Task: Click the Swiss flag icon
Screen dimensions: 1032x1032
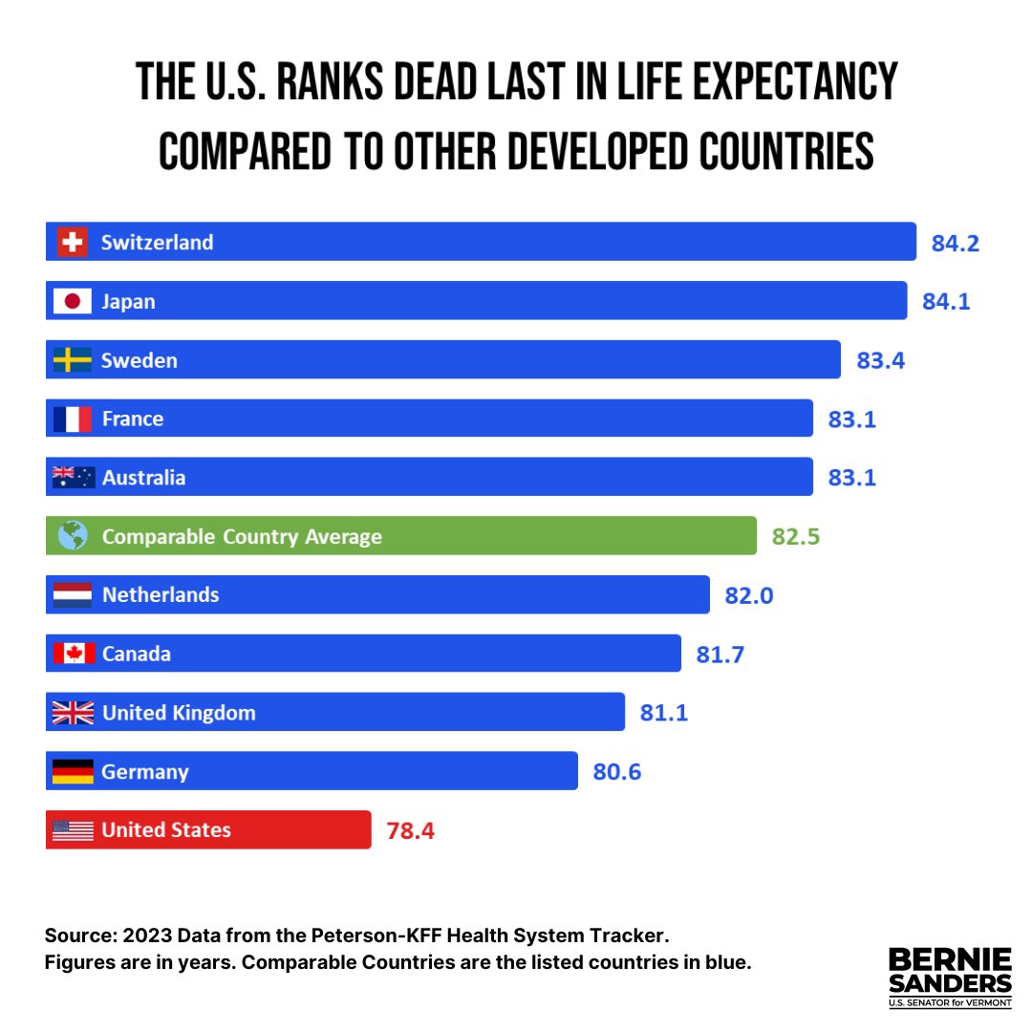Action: [x=73, y=242]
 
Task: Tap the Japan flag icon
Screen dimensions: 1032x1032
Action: [x=73, y=301]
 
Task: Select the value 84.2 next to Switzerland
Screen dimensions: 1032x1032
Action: [x=956, y=243]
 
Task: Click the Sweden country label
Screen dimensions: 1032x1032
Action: [x=140, y=360]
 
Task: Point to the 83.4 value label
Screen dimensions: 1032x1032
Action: [x=880, y=360]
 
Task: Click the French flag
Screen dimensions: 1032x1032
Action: [x=73, y=419]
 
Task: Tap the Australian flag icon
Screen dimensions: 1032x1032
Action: [x=73, y=477]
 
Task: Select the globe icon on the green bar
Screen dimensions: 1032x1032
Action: [x=73, y=536]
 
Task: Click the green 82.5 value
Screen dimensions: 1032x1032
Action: [x=796, y=536]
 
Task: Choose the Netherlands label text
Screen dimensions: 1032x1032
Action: [x=161, y=594]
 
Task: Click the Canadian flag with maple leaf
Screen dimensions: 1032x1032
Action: [x=73, y=654]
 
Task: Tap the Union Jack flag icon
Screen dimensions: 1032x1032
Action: [x=73, y=712]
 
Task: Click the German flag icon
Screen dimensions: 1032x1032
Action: [x=73, y=771]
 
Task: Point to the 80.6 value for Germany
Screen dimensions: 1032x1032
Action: [x=616, y=771]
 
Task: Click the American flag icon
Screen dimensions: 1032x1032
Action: [x=73, y=829]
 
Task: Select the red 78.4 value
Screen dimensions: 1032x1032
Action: [x=410, y=830]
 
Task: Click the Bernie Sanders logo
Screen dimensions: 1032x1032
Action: [x=950, y=977]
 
